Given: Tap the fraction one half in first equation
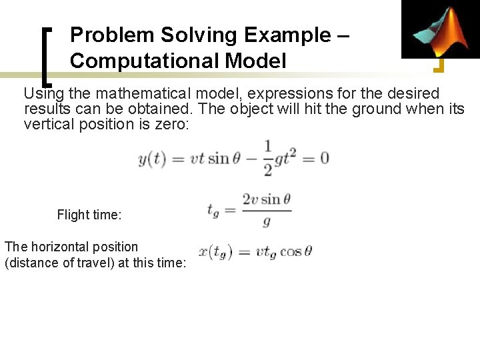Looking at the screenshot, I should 267,158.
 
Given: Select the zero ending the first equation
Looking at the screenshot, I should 324,159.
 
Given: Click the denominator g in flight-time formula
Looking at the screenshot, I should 267,220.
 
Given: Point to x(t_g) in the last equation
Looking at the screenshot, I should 215,252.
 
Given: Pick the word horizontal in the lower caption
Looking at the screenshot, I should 57,247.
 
